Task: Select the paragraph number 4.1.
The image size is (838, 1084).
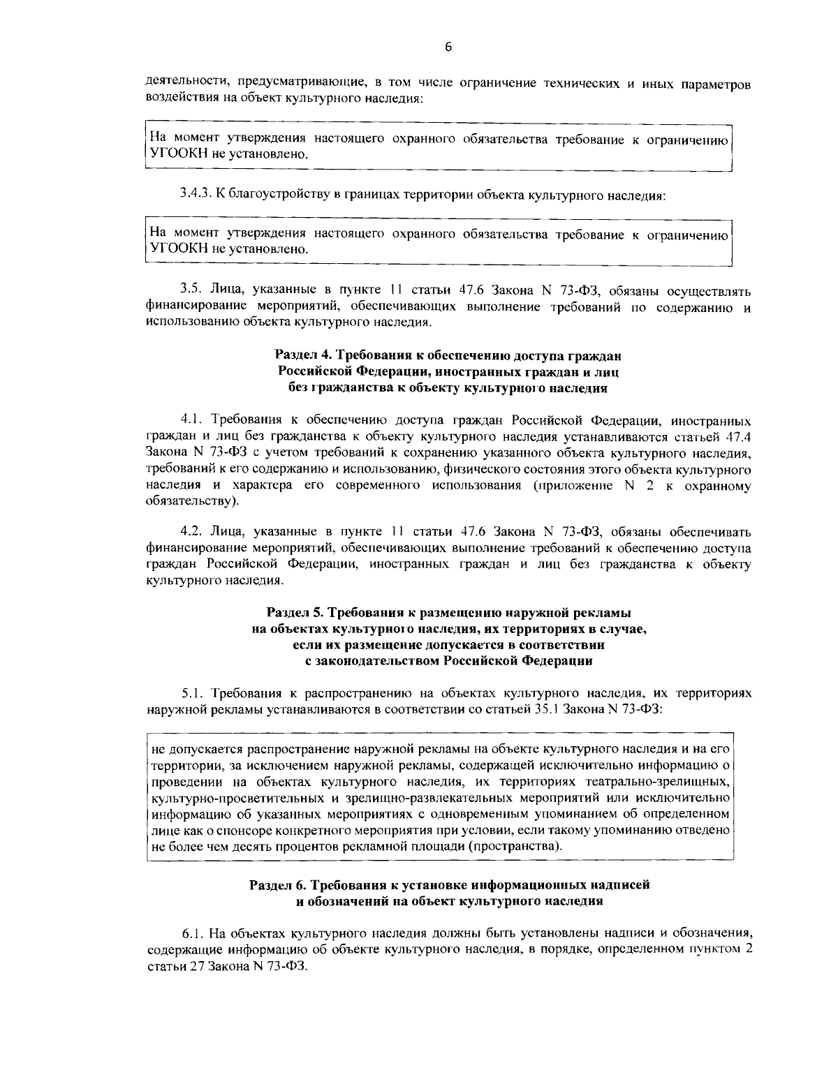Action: [191, 421]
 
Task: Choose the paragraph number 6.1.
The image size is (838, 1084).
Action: [193, 932]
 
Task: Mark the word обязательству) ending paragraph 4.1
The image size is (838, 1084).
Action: [192, 501]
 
